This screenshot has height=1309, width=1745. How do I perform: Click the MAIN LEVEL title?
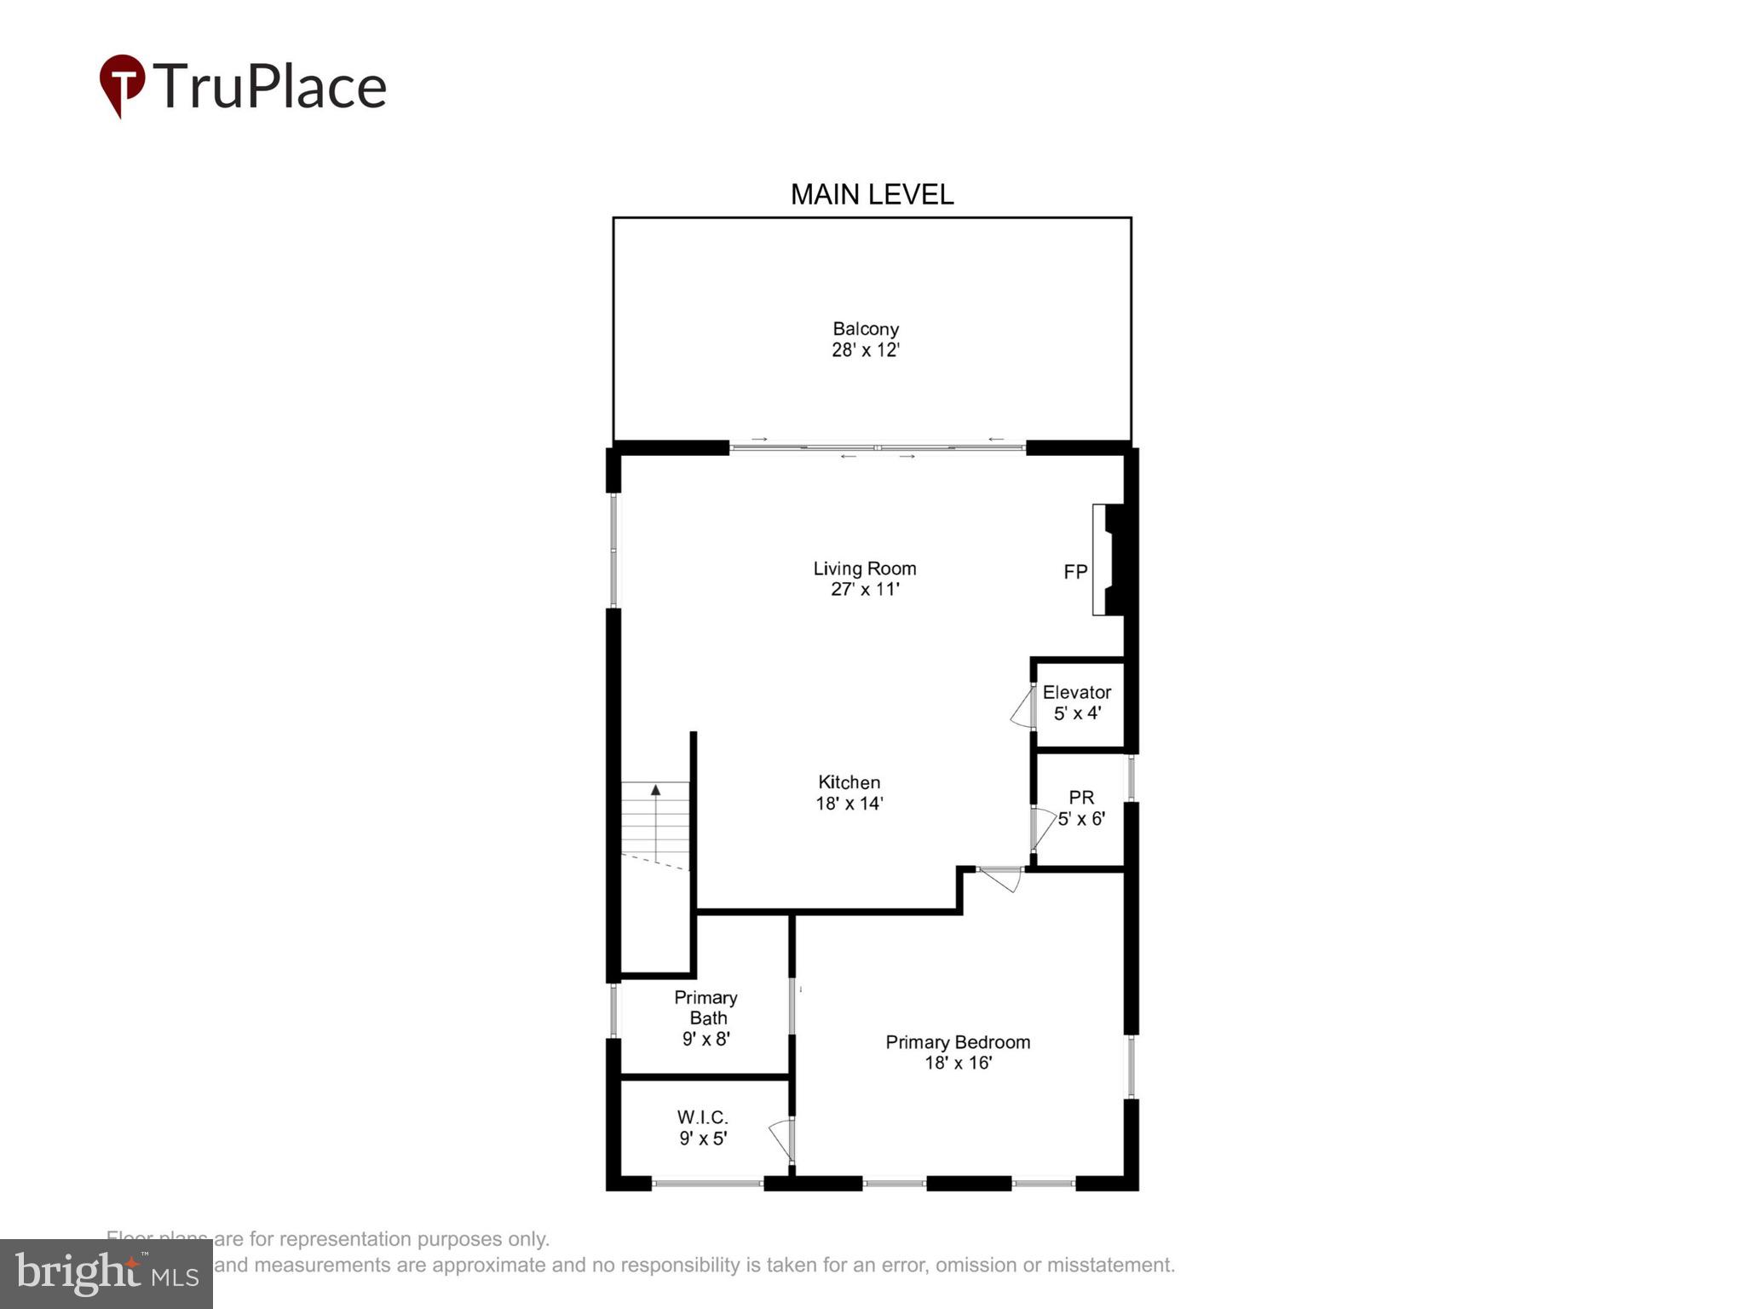pos(872,194)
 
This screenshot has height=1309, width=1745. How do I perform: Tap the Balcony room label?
pos(866,329)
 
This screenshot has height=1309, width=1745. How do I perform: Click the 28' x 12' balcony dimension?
pos(866,350)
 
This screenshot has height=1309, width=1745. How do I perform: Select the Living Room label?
pos(864,568)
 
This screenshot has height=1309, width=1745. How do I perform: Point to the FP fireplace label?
pos(1075,572)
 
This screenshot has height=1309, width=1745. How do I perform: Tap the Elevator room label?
pos(1077,692)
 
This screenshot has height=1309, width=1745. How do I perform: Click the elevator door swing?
pos(1022,709)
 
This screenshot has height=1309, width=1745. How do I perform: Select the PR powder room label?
pos(1081,798)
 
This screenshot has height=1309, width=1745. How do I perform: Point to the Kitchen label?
pos(849,782)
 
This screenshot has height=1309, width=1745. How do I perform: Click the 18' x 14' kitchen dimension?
pos(849,804)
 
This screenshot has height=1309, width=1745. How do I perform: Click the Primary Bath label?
pos(705,1007)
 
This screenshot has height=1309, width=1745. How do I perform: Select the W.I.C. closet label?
pos(702,1117)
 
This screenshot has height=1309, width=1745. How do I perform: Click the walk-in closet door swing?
pos(780,1140)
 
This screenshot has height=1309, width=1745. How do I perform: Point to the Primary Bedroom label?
pos(958,1042)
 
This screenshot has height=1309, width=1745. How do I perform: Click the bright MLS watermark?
pos(107,1274)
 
